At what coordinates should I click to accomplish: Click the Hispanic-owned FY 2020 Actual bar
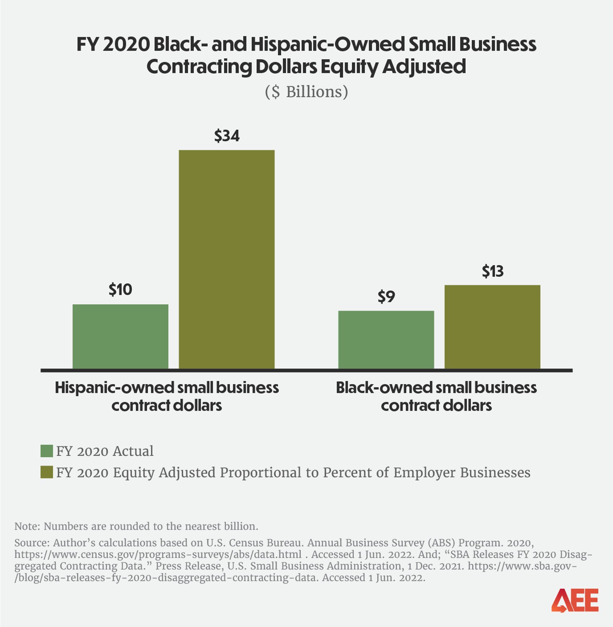pos(120,336)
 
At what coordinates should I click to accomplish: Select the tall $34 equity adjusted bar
pos(227,259)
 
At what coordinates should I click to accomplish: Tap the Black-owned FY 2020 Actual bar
pos(386,340)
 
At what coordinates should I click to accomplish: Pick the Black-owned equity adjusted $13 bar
pos(492,327)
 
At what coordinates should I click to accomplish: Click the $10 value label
pos(120,290)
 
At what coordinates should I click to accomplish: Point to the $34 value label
pos(227,136)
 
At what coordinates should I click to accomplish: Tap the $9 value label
pos(386,297)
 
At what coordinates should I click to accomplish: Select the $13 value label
pos(492,271)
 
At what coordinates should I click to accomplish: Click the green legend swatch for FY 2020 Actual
pos(47,451)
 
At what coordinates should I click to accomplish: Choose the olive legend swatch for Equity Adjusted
pos(47,472)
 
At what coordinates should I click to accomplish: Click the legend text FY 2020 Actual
pos(104,451)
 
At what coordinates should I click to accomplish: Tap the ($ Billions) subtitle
pos(306,92)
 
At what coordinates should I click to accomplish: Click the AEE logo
pos(575,600)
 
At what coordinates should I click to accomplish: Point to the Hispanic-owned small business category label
pos(167,396)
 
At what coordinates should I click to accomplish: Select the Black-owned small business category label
pos(436,396)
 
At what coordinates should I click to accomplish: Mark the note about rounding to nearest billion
pos(136,526)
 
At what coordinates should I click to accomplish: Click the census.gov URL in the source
pos(158,554)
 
